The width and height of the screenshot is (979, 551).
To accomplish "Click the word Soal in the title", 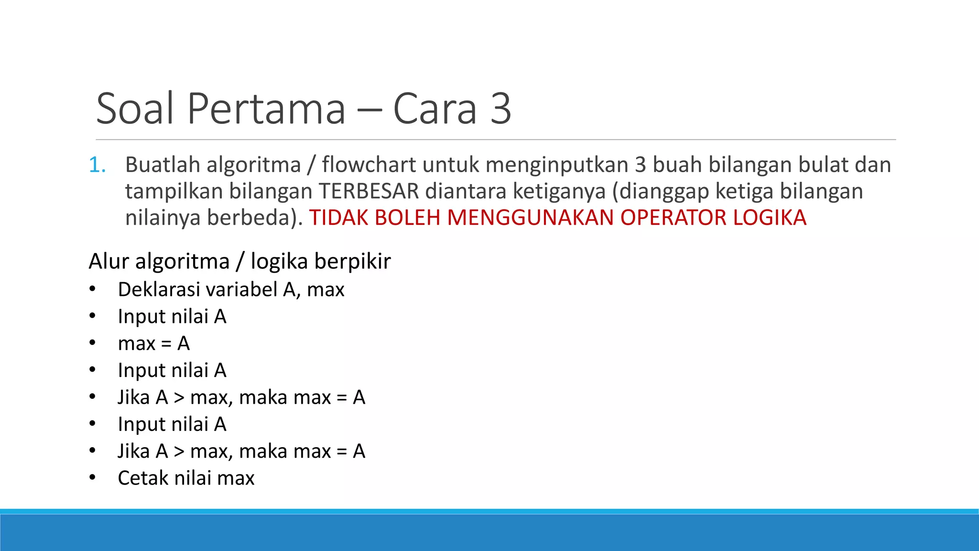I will tap(135, 109).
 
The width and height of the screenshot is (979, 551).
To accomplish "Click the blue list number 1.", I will tap(97, 165).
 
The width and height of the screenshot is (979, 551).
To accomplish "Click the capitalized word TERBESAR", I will tap(369, 191).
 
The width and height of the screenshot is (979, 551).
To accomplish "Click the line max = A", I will tap(154, 343).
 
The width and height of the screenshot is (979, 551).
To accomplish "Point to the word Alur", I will tap(109, 262).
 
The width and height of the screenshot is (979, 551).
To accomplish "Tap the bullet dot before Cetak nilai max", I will tap(92, 478).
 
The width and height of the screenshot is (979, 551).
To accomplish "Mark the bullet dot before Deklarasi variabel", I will tap(92, 289).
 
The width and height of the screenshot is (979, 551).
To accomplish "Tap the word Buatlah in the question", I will tap(163, 165).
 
